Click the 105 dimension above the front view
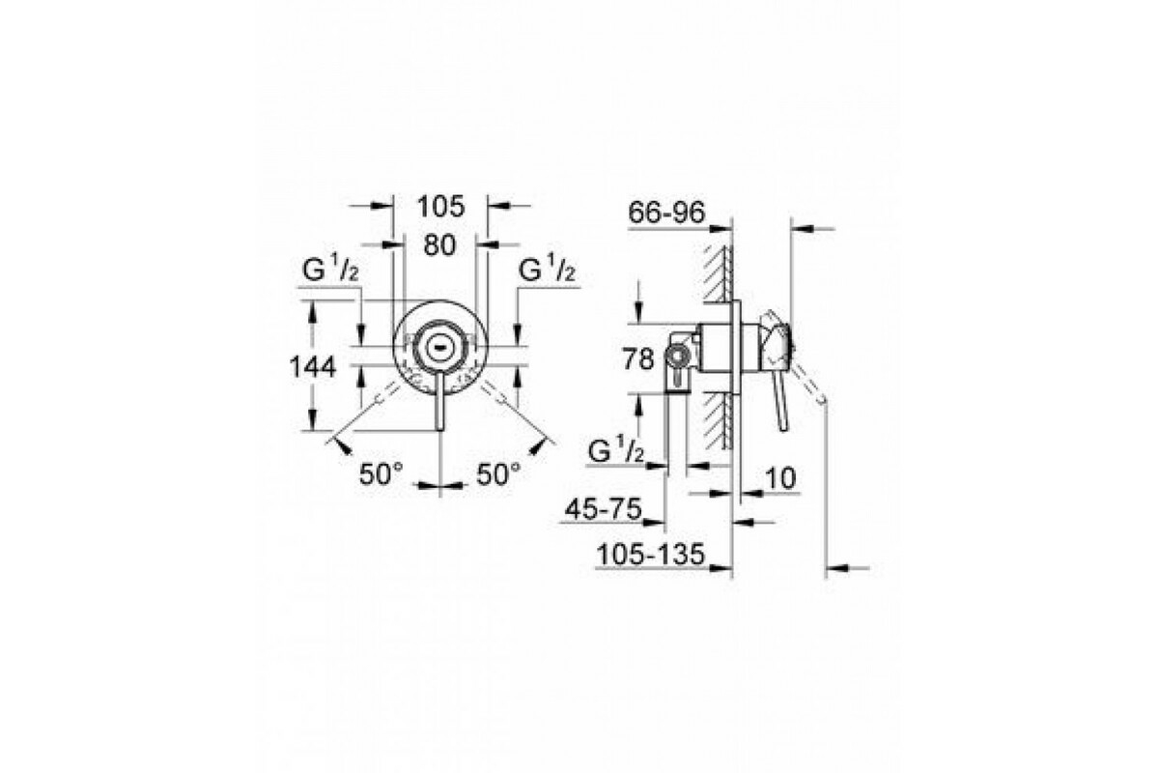pyautogui.click(x=440, y=207)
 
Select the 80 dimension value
pyautogui.click(x=439, y=244)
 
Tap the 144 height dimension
pyautogui.click(x=313, y=367)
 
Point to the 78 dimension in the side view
pyautogui.click(x=638, y=358)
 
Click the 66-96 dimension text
pyautogui.click(x=666, y=213)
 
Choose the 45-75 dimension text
pyautogui.click(x=604, y=509)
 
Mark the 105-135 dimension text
pyautogui.click(x=650, y=555)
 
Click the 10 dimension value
pyautogui.click(x=780, y=478)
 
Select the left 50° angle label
pyautogui.click(x=381, y=473)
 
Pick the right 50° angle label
pyautogui.click(x=498, y=473)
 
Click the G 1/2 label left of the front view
pyautogui.click(x=330, y=270)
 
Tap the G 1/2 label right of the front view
pyautogui.click(x=547, y=270)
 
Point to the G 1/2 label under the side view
pyautogui.click(x=616, y=451)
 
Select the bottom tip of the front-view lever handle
pyautogui.click(x=439, y=429)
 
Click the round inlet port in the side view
pyautogui.click(x=676, y=358)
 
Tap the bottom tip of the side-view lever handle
pyautogui.click(x=783, y=428)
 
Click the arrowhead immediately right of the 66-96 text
pyautogui.click(x=720, y=228)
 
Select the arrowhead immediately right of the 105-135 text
pyautogui.click(x=720, y=568)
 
